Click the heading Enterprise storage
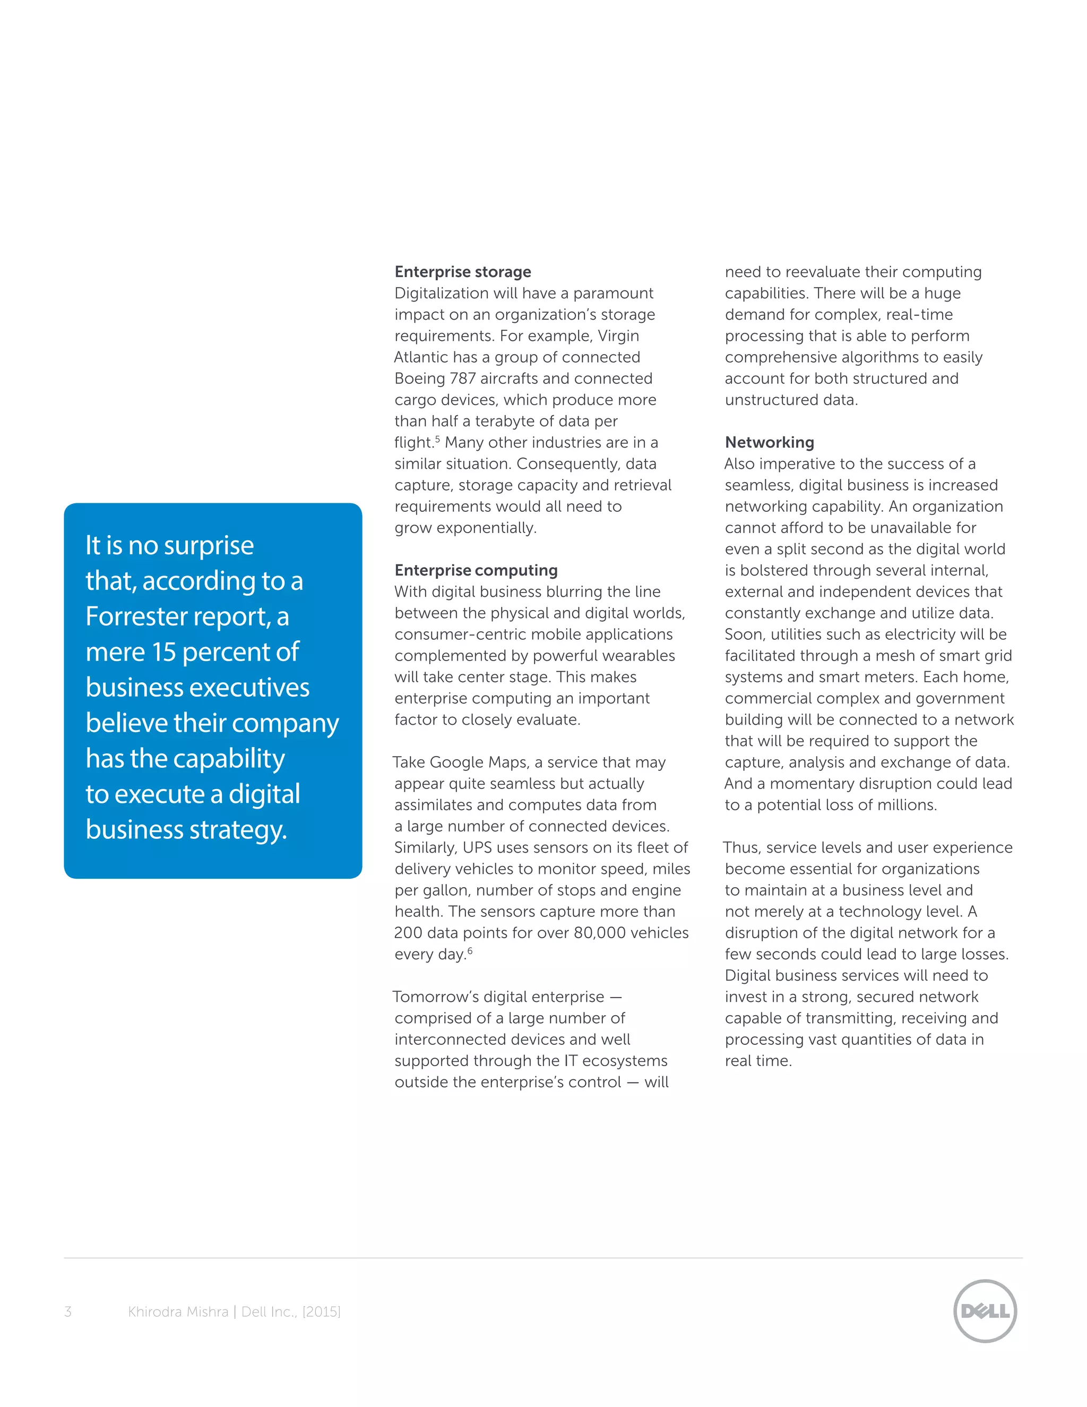tap(462, 272)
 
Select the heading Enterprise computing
tap(476, 570)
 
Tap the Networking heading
tap(769, 443)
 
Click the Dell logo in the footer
tap(985, 1311)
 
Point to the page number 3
tap(67, 1311)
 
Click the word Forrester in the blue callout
tap(145, 616)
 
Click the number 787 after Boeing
tap(462, 379)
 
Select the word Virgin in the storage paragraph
tap(618, 336)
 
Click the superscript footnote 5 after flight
tap(437, 439)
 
